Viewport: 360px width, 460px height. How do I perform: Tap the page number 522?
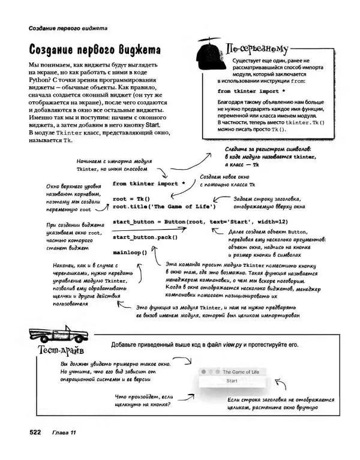[31, 432]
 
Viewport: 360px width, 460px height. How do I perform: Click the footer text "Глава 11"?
[64, 432]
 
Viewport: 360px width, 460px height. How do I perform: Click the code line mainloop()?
[130, 252]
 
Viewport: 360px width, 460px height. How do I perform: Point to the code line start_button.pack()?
[145, 237]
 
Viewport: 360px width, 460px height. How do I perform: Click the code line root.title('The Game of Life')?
[164, 207]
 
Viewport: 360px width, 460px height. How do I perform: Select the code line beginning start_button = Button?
[191, 222]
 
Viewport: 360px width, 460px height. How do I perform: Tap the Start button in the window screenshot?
[232, 381]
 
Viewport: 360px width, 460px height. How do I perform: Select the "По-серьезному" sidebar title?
[254, 48]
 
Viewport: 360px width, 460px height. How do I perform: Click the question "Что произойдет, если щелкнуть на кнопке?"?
[142, 401]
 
